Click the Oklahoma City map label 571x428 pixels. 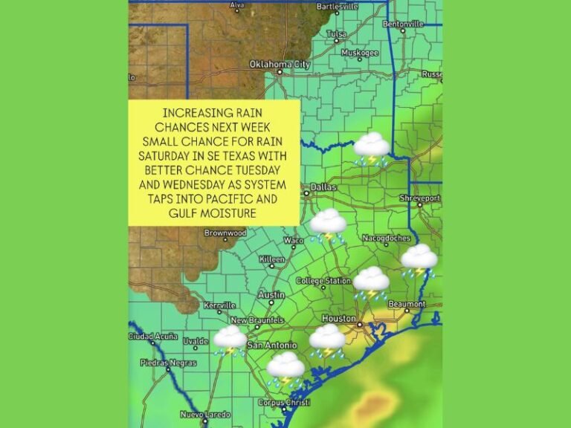(280, 64)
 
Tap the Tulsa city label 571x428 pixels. (336, 34)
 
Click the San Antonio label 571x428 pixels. (271, 346)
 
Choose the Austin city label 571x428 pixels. (271, 295)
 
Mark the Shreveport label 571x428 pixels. (419, 198)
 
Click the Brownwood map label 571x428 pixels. (225, 233)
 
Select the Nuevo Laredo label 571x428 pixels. (201, 414)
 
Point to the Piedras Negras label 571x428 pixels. (168, 363)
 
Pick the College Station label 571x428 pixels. (323, 281)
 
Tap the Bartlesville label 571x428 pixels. (338, 7)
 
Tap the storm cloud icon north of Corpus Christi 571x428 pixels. (285, 367)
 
